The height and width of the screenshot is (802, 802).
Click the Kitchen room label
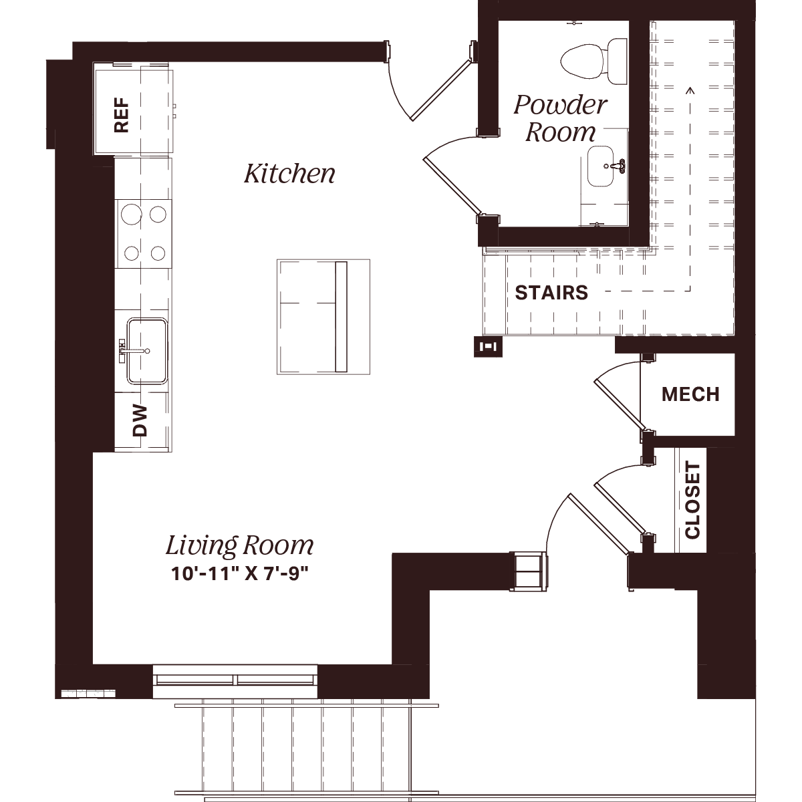289,174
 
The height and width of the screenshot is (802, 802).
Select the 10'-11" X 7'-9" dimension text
240,574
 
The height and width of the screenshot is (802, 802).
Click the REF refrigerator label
122,115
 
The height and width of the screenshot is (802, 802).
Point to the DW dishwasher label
140,420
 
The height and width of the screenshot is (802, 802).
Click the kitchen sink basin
147,351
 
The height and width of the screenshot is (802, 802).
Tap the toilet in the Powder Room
594,61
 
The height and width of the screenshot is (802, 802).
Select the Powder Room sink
601,166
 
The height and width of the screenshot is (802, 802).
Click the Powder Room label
560,118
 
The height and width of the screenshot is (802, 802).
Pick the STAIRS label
551,293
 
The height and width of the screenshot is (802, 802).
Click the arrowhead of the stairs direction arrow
690,90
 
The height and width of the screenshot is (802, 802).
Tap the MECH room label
690,394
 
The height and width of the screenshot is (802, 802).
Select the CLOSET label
692,499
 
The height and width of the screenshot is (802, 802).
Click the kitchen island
323,317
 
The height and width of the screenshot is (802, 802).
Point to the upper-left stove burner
132,215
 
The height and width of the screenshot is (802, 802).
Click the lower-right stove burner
158,253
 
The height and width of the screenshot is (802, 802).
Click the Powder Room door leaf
452,186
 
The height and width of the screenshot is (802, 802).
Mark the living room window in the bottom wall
235,680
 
